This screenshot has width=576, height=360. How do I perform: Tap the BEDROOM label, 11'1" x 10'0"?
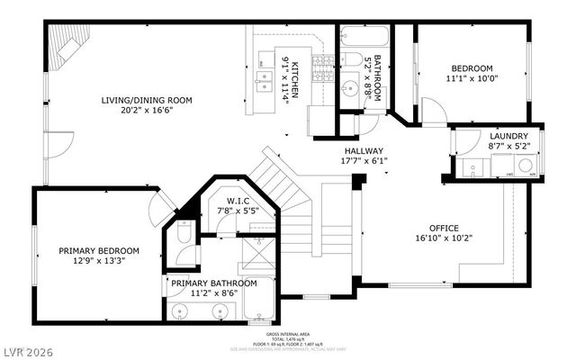click(x=472, y=69)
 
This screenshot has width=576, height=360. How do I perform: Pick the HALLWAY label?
click(x=363, y=151)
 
